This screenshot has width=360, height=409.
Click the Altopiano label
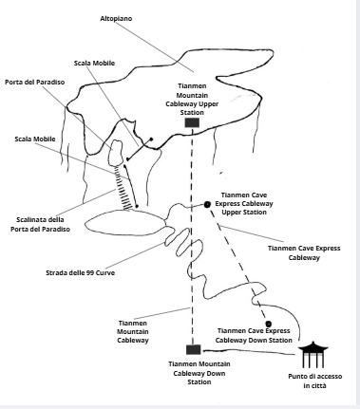(116, 19)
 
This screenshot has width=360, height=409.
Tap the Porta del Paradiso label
(35, 83)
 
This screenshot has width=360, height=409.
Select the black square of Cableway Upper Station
(192, 122)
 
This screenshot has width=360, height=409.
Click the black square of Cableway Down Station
(193, 350)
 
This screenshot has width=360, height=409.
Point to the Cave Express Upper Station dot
(207, 204)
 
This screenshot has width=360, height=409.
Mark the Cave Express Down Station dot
(268, 324)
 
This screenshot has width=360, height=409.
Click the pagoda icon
(313, 354)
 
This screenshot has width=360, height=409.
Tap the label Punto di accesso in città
(315, 381)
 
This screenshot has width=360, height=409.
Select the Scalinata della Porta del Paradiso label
(40, 224)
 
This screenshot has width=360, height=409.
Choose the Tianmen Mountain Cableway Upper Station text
(192, 100)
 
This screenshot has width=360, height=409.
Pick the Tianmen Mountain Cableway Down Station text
(199, 373)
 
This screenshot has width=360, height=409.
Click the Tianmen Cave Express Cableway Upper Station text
(244, 203)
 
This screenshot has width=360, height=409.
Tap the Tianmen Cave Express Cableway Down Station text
(254, 336)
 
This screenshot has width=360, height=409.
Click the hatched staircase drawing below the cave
(123, 187)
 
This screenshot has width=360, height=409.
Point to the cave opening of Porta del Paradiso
(116, 153)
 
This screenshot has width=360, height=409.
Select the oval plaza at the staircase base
(125, 223)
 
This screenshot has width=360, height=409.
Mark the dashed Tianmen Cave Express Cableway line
(237, 264)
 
